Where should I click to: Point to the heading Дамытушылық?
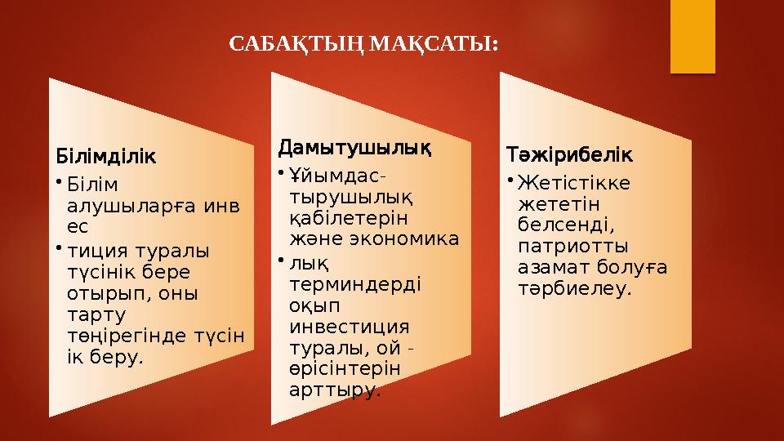click(354, 149)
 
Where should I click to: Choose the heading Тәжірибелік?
click(569, 154)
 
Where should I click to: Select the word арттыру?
click(335, 390)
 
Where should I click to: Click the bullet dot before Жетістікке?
click(509, 180)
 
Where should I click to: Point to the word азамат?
click(550, 266)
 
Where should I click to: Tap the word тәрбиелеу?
click(575, 288)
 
